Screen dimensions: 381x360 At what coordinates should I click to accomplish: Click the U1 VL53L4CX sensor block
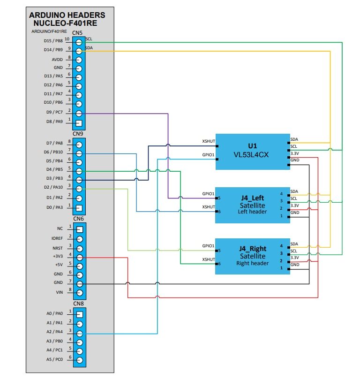253,152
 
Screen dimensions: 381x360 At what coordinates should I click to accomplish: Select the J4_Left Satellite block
253,205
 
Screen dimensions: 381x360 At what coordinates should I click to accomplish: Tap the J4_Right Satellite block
253,256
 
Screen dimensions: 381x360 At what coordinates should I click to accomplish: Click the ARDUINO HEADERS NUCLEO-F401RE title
67,19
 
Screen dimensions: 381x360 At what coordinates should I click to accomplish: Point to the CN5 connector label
78,33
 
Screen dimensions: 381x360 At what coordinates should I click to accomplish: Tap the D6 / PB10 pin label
53,152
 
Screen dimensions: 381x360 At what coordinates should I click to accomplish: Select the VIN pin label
59,292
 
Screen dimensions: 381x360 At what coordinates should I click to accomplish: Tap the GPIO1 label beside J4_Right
208,245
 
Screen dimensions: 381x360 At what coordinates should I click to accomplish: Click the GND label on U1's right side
294,160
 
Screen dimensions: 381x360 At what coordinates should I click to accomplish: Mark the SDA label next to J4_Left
294,191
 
